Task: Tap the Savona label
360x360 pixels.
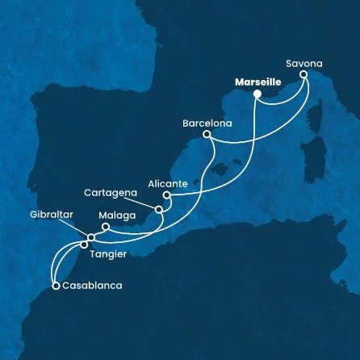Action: click(x=303, y=61)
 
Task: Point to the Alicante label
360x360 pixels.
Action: click(x=168, y=183)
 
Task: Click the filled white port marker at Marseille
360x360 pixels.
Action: click(x=257, y=94)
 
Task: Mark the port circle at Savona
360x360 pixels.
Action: click(x=304, y=74)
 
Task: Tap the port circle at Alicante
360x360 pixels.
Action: click(x=165, y=195)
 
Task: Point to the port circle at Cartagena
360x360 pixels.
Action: click(x=159, y=210)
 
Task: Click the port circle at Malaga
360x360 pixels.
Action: click(x=105, y=227)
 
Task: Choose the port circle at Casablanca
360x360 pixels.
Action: click(x=55, y=285)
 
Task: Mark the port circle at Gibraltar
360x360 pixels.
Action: click(x=90, y=237)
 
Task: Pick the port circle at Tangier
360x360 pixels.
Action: click(x=84, y=244)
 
